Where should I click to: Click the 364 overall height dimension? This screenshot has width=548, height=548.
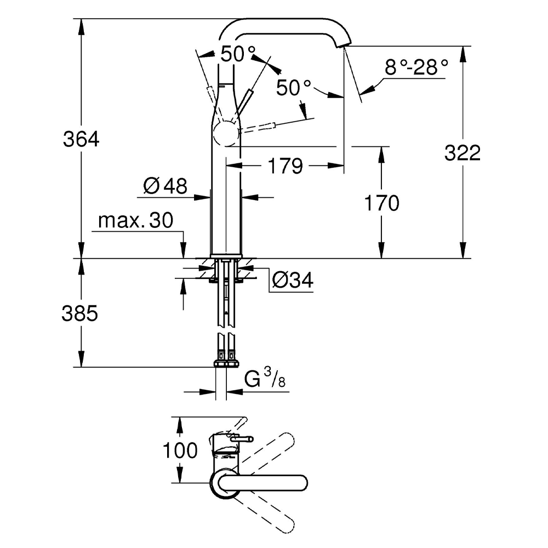click(81, 140)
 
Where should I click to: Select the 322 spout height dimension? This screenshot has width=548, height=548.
click(462, 153)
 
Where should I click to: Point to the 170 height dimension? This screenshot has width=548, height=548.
click(382, 203)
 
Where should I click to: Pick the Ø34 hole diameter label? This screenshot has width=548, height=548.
click(293, 281)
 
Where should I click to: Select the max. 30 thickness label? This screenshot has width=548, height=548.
click(135, 221)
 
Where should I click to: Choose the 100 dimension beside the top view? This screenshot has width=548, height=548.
click(180, 450)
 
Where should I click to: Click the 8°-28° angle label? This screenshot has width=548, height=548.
click(416, 68)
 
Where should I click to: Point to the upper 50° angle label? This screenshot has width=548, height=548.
click(238, 54)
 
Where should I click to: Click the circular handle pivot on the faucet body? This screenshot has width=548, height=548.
click(225, 133)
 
